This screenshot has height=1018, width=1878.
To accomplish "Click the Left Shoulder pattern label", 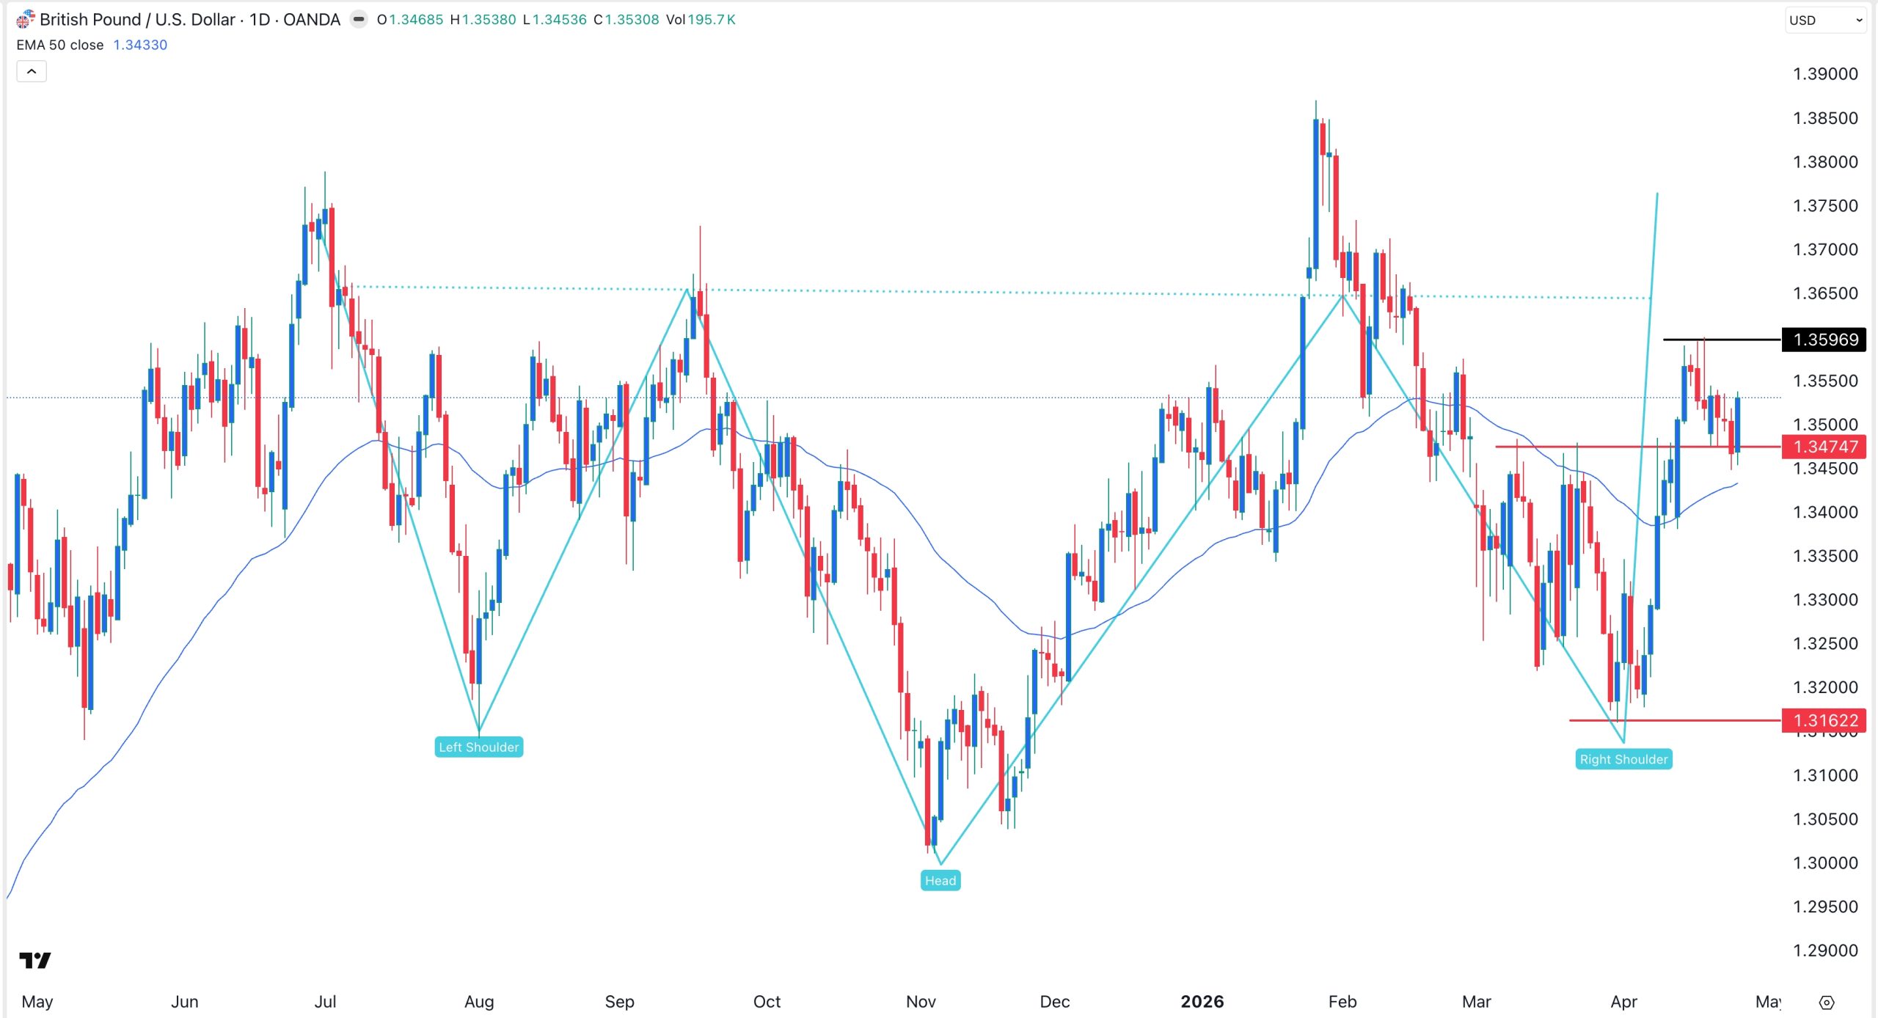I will [x=478, y=747].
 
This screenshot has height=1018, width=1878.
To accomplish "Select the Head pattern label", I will [x=940, y=880].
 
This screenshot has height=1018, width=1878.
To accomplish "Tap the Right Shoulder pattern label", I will [x=1623, y=759].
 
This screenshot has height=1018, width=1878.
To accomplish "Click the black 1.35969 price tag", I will [x=1824, y=340].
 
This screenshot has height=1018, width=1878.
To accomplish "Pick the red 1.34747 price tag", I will [x=1824, y=447].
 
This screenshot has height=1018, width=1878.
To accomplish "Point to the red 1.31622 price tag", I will [x=1824, y=720].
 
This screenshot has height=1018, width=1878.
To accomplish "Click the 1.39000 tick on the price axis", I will [x=1824, y=74].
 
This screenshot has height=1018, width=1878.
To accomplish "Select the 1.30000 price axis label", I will [x=1824, y=863].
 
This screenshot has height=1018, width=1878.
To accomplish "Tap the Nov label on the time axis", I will [x=921, y=1001].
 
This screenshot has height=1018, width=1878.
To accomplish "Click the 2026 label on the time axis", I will [x=1202, y=1001].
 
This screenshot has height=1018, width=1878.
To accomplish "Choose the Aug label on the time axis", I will [x=479, y=1001].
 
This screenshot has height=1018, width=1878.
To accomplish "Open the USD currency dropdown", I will [x=1824, y=21].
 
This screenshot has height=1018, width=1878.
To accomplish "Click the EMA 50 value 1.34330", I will [x=140, y=45].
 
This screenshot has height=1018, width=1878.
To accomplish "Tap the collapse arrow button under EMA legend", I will [x=32, y=71].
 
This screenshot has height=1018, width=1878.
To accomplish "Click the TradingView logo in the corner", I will [x=35, y=960].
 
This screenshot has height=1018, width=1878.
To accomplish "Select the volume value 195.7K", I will [x=711, y=20].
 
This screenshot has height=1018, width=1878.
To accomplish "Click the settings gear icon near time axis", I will [x=1827, y=1002].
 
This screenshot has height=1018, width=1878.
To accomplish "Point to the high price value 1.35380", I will [x=489, y=20].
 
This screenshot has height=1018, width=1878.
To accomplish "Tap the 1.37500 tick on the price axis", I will [x=1824, y=205].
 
